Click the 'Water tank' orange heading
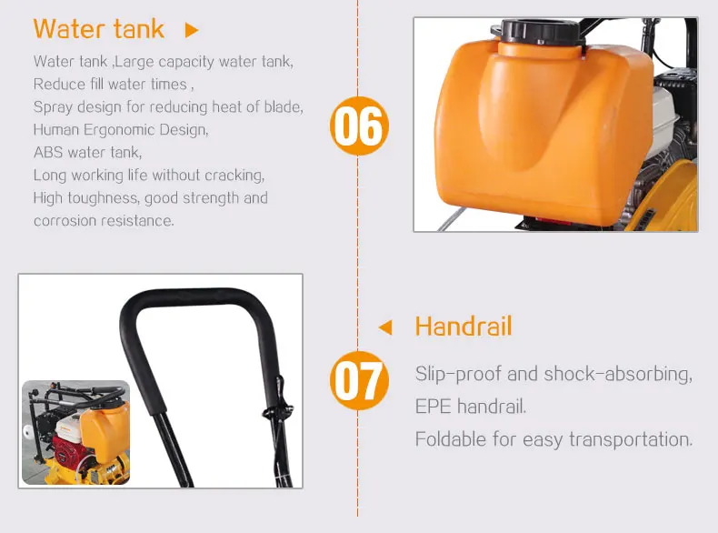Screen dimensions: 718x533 (98, 29)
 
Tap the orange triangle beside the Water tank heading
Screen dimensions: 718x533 (192, 30)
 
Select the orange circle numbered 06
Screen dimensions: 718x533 (359, 126)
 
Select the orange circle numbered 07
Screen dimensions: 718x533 (359, 380)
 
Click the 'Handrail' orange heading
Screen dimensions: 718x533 (464, 327)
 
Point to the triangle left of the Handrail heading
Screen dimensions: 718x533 (385, 327)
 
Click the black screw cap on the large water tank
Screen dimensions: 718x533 (537, 31)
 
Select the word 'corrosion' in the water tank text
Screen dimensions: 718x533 (66, 221)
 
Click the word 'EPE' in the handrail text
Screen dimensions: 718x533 (433, 407)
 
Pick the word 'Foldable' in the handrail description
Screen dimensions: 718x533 (450, 439)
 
